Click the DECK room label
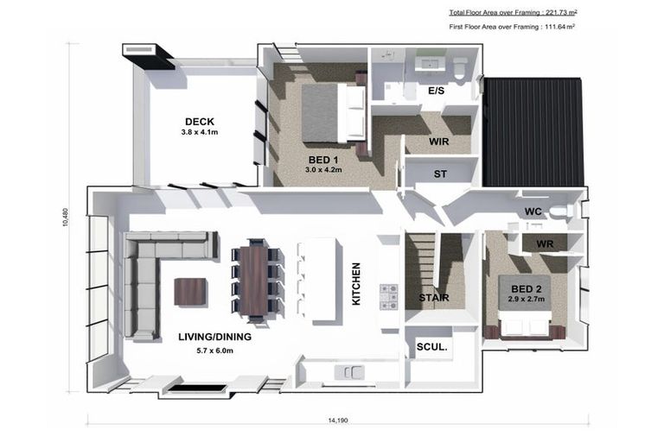[200, 122]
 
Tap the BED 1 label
[323, 160]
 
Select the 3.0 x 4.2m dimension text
[323, 169]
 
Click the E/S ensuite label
[436, 91]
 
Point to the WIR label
[438, 142]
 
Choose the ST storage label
[440, 174]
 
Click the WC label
[533, 212]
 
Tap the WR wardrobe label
[545, 244]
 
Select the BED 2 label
[527, 289]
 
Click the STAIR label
[434, 298]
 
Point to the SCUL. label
[432, 347]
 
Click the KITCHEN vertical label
[356, 283]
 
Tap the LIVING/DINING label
[214, 337]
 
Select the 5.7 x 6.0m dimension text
[214, 350]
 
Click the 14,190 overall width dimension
[338, 420]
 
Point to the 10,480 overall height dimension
[65, 217]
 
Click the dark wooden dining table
[253, 281]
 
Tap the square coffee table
[190, 292]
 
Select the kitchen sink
[349, 373]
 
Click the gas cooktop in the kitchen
[389, 297]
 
